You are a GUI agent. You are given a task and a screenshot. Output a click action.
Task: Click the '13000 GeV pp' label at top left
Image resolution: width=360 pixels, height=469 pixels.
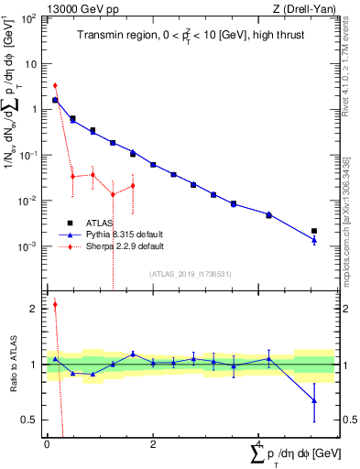75,8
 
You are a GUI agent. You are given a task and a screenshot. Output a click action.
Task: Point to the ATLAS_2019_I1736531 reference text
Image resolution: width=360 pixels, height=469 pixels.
190,273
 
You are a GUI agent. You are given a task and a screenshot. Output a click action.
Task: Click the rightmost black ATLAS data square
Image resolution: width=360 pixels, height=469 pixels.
314,231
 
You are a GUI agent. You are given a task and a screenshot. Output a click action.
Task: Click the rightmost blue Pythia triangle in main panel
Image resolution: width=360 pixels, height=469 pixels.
314,240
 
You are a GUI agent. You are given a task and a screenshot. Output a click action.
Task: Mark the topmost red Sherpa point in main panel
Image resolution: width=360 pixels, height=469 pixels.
55,85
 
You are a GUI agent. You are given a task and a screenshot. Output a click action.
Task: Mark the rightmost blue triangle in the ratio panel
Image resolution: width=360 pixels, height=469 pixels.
314,400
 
